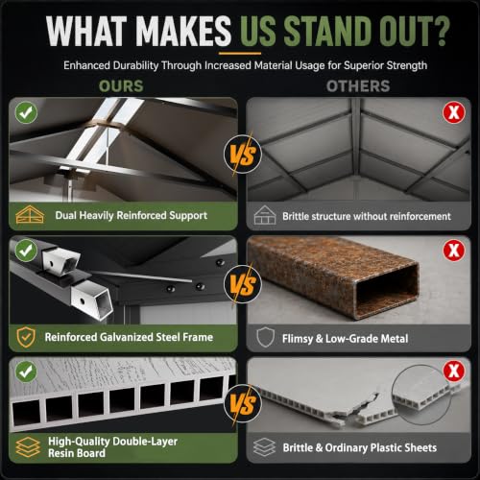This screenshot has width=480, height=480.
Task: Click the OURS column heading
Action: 121,86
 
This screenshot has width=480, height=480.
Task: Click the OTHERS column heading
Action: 358,86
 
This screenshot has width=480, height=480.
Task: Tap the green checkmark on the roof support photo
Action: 26,112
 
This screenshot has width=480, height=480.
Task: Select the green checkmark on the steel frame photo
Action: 26,251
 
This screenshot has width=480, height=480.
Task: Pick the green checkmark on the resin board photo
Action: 26,372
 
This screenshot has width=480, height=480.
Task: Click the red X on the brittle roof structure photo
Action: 454,112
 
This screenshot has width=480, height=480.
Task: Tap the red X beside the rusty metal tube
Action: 454,251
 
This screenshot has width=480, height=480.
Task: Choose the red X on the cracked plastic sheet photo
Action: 454,372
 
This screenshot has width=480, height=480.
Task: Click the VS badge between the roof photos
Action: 243,155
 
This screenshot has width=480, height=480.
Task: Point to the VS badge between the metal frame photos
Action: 243,284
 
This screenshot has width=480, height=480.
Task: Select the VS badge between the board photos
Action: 243,403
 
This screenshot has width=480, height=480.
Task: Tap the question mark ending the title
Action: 440,31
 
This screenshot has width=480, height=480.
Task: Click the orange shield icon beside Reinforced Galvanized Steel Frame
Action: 26,337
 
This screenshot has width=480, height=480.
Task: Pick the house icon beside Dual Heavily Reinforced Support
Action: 30,214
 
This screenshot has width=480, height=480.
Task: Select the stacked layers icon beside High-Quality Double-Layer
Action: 28,447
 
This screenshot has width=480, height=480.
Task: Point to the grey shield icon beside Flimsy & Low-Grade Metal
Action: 265,337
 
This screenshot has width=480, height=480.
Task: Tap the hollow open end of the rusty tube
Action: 387,291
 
